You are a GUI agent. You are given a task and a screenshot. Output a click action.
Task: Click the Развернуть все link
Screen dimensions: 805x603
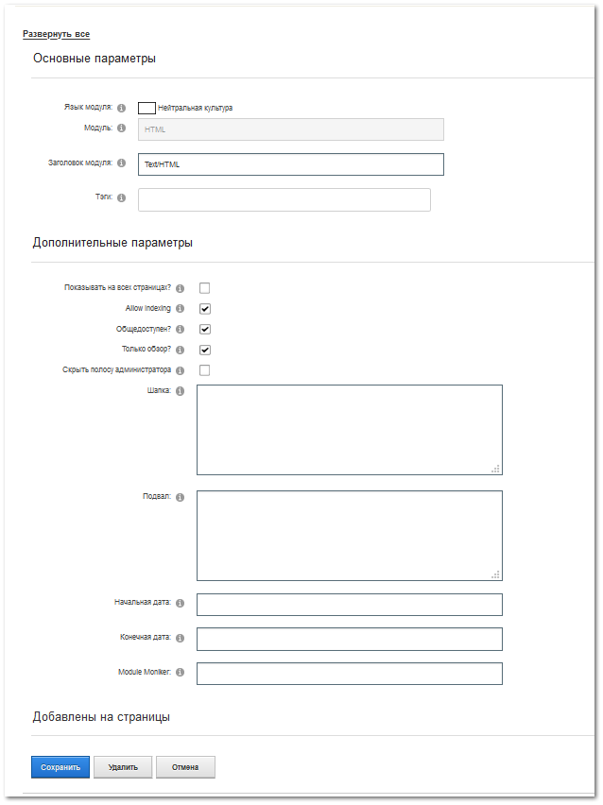click(56, 34)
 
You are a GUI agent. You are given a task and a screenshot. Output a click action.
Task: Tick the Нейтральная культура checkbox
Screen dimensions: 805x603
click(146, 108)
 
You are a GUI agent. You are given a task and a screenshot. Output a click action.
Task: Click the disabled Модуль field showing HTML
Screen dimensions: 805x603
click(290, 129)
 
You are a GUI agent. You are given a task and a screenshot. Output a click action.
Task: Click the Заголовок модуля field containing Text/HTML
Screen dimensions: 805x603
click(290, 164)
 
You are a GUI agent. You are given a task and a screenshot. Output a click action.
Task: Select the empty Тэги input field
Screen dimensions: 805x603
click(284, 199)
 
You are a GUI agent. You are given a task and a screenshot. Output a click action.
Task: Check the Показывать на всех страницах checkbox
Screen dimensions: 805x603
click(204, 288)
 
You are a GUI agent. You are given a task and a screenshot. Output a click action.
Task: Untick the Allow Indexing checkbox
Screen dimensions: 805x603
click(204, 309)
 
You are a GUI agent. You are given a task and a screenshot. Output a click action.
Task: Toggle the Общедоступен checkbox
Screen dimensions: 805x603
click(204, 330)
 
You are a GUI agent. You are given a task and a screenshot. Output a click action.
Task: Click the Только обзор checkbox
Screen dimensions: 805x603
click(204, 350)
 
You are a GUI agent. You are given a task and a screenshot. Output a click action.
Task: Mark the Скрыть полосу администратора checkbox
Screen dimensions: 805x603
click(204, 370)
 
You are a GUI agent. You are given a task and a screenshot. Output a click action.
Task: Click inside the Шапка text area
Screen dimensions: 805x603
click(349, 429)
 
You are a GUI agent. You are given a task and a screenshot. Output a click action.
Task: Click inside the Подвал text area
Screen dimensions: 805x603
click(349, 535)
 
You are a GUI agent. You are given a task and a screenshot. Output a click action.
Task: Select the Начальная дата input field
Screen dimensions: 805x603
click(349, 605)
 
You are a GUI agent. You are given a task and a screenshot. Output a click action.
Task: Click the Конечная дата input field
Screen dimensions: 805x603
click(349, 639)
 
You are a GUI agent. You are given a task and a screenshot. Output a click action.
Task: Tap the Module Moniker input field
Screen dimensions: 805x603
click(349, 674)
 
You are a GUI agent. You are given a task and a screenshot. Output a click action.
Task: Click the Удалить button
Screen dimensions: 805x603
click(123, 767)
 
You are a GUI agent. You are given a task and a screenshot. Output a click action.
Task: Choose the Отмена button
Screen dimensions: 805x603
click(185, 767)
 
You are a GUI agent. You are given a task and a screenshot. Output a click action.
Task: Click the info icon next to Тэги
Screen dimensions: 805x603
click(122, 197)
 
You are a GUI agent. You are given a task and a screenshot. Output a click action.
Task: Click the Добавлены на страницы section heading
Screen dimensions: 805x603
click(101, 717)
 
